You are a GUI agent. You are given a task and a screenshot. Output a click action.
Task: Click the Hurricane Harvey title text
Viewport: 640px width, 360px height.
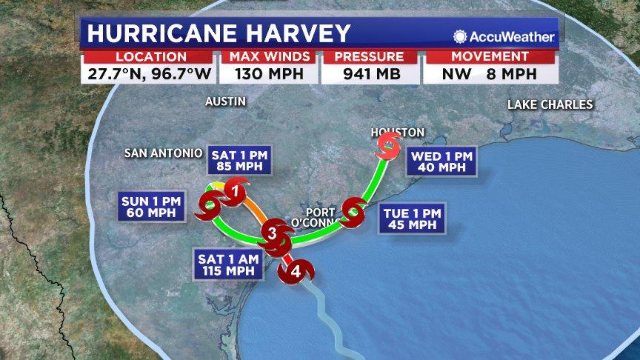[219, 34]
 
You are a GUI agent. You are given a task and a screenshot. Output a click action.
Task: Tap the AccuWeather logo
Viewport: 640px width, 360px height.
[504, 36]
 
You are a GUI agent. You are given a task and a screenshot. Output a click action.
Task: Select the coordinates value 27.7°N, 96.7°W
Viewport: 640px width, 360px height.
[148, 73]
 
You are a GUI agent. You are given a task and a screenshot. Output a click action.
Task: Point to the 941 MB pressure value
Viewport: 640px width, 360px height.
[368, 73]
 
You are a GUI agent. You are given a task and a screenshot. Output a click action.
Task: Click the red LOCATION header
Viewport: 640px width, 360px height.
[148, 57]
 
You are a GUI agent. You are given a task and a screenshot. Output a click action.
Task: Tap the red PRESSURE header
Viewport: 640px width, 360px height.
[368, 57]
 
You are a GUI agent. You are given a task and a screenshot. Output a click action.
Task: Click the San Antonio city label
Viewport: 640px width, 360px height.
[163, 153]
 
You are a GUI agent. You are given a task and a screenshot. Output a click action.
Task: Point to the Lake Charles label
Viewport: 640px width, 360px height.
[550, 104]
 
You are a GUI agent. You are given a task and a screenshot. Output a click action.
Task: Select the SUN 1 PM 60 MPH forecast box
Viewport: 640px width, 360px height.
[150, 207]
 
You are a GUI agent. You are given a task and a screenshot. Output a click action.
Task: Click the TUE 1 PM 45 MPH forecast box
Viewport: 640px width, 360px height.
[412, 219]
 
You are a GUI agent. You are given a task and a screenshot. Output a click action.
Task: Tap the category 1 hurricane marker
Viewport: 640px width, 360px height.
[235, 192]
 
